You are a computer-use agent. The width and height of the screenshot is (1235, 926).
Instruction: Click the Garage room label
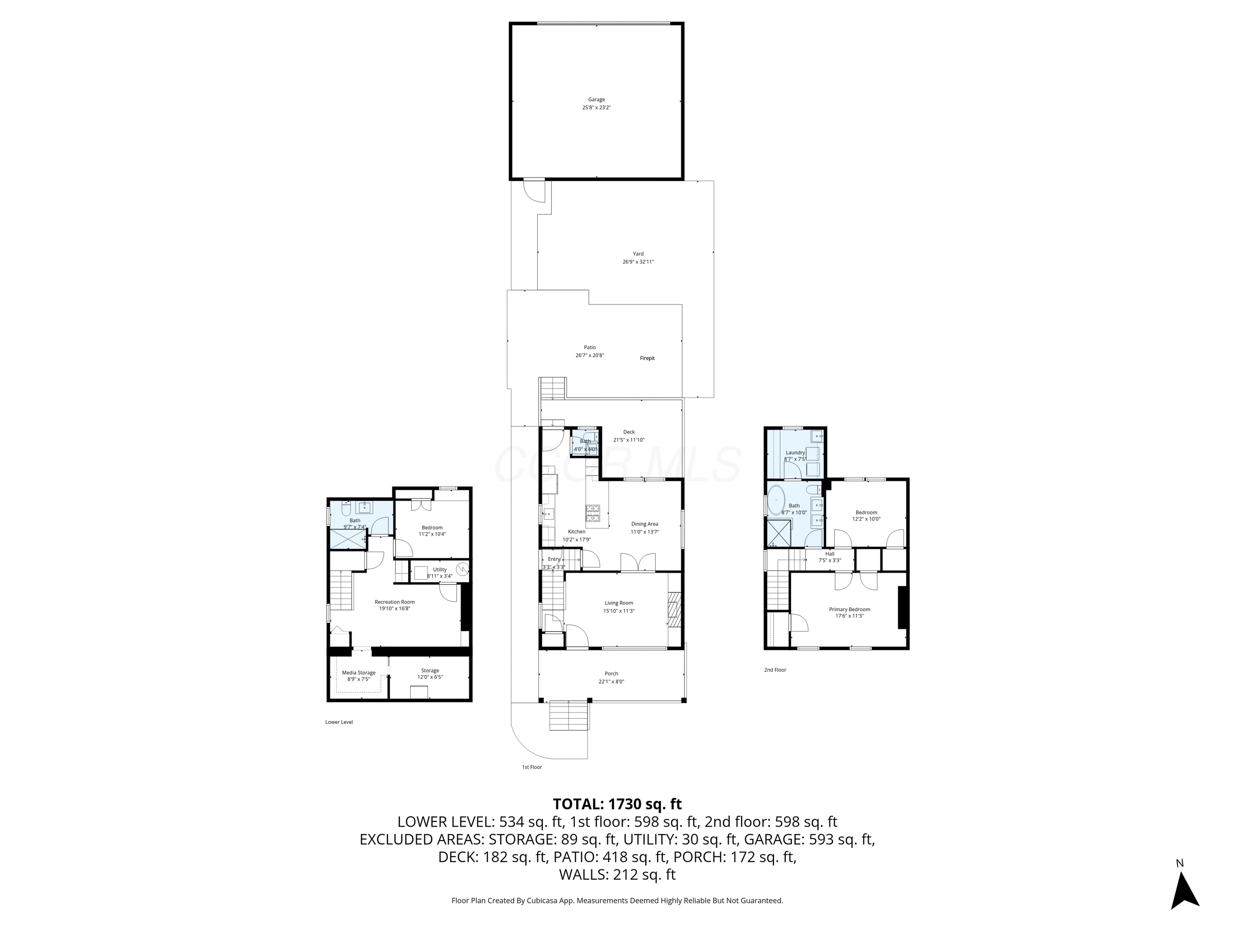[596, 99]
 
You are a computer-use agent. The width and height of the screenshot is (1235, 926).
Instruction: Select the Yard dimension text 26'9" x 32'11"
[638, 262]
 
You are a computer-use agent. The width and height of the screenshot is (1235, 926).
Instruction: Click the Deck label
[629, 432]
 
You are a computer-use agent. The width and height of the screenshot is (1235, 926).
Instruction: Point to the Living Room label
[619, 603]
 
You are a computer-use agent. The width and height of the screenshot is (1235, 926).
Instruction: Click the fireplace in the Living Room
[675, 610]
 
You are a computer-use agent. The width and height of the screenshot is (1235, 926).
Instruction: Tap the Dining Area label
[644, 524]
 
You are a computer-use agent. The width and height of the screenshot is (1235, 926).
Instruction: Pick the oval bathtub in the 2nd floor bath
[776, 500]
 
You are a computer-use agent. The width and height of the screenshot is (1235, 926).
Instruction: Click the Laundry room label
[795, 453]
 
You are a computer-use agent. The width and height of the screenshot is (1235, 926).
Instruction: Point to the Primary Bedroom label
[849, 610]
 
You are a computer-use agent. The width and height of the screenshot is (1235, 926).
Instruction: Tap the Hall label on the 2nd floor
[830, 554]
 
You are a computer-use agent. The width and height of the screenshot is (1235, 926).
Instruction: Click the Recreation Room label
[394, 602]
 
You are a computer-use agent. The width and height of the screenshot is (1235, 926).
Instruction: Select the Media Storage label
[359, 672]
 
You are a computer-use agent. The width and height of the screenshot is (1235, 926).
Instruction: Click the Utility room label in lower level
[439, 569]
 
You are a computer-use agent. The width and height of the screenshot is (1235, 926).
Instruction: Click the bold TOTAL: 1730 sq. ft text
[617, 804]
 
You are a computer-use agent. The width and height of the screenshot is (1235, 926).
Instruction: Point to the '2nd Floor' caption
[775, 670]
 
